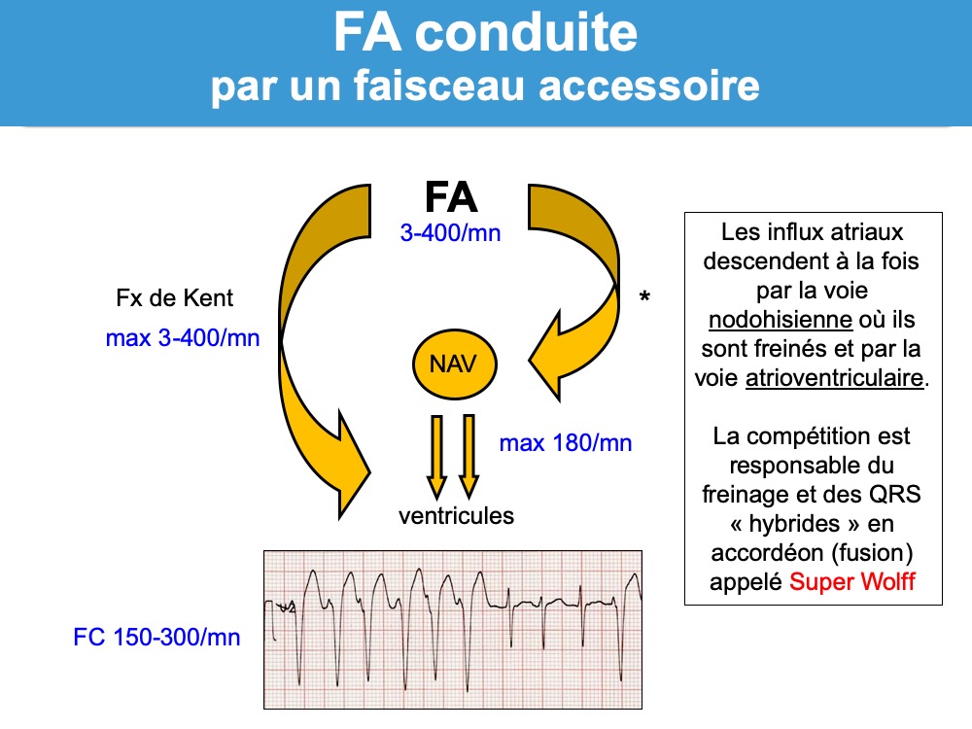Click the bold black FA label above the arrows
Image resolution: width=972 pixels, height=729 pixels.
point(451,196)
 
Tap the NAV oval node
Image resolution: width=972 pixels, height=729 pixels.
point(455,364)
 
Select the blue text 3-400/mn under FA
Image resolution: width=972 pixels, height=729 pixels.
point(450,234)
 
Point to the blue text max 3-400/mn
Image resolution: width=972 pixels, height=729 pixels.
point(183,339)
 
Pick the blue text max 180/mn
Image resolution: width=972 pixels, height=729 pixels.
point(566,443)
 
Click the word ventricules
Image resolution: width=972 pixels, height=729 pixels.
point(456,515)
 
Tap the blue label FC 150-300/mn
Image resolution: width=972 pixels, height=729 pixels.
point(156,638)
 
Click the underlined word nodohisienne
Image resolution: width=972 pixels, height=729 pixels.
point(764,320)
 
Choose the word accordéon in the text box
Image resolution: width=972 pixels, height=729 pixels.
point(765,553)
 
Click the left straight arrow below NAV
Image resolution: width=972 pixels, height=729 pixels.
point(437,456)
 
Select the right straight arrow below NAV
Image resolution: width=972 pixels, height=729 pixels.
point(469,456)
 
